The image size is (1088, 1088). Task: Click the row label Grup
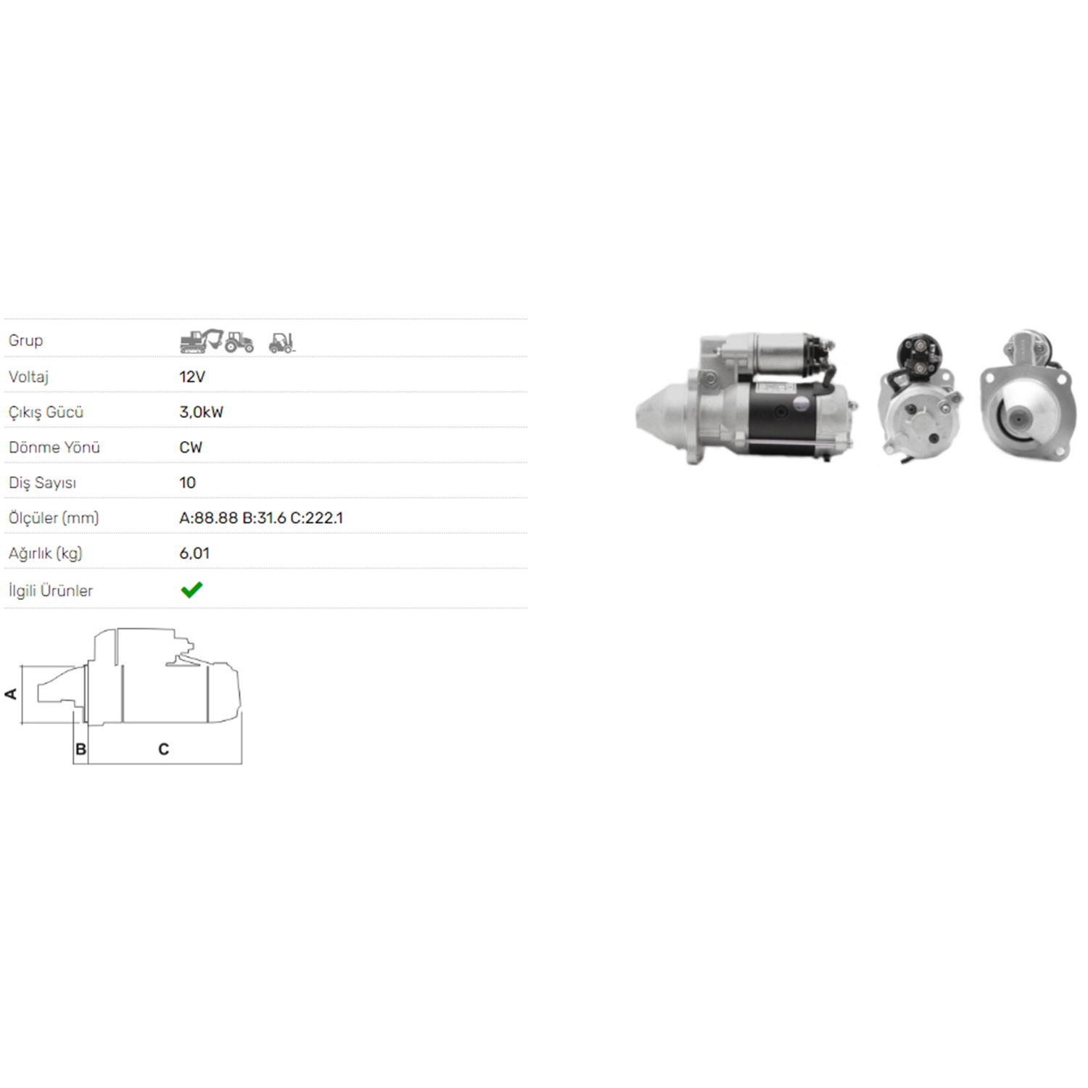25,340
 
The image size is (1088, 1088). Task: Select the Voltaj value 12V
192,376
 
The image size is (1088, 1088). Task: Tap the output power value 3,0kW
201,412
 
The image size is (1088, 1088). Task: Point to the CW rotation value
191,448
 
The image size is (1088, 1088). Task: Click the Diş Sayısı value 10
187,483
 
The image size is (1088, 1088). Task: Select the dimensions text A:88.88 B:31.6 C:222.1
261,518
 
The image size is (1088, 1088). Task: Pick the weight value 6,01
194,553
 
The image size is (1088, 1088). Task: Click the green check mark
191,590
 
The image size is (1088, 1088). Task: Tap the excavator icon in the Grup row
200,340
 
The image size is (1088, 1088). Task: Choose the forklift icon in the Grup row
282,342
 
